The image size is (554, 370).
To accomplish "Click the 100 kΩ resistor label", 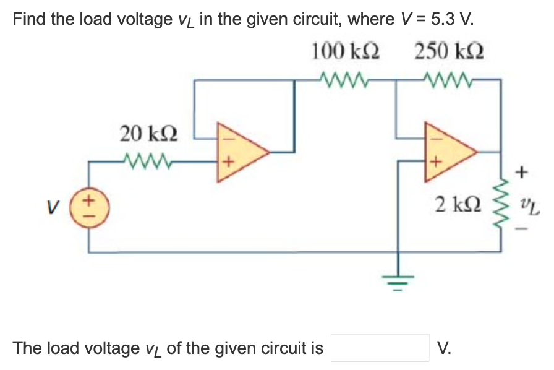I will (345, 52).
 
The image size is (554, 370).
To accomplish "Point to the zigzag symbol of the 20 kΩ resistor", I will (147, 163).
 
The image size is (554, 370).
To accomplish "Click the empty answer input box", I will (380, 348).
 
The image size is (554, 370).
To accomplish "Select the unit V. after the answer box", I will (443, 348).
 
